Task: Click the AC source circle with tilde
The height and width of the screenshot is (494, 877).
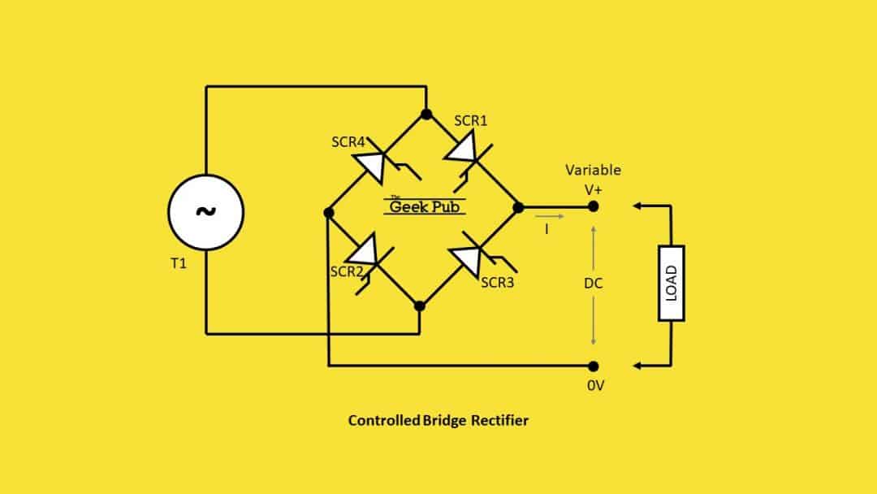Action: [205, 211]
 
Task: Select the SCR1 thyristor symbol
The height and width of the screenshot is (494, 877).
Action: [465, 152]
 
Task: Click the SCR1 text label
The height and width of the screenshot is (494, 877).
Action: [471, 121]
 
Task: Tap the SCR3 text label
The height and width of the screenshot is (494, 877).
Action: [498, 283]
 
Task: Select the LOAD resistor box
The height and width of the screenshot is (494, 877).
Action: [672, 283]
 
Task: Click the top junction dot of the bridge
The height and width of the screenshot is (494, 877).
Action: [426, 114]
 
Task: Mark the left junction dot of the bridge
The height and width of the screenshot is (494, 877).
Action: [328, 213]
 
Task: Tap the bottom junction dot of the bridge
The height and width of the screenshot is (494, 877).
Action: [419, 306]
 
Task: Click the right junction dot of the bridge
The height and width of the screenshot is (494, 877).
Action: [518, 208]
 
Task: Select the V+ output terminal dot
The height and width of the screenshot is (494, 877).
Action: [594, 207]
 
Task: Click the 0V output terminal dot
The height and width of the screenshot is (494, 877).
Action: [594, 366]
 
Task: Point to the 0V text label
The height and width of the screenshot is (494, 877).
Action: [595, 386]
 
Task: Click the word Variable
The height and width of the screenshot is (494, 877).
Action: [593, 171]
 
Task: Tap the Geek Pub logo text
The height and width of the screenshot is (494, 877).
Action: [424, 206]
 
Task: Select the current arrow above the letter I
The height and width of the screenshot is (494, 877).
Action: [547, 217]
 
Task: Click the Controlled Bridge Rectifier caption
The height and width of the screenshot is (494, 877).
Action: [438, 420]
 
